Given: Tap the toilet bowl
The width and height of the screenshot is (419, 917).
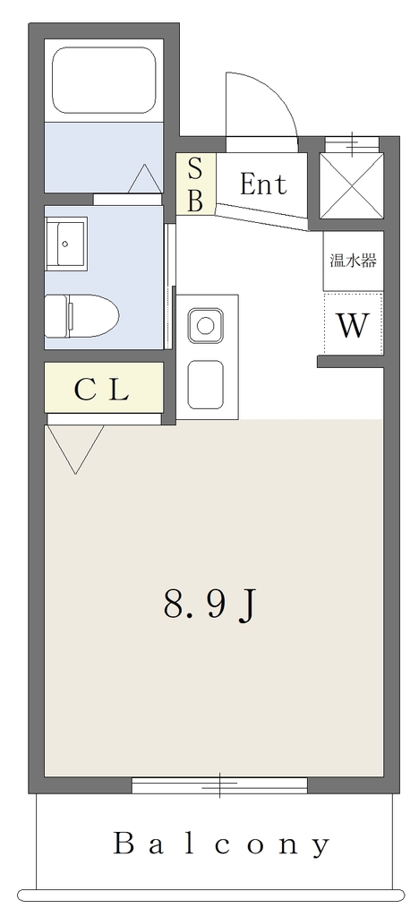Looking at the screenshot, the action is pos(93,316).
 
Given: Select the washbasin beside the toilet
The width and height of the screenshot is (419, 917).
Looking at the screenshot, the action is pos(66,244).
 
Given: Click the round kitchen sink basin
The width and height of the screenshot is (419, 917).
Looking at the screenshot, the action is pos(205,325).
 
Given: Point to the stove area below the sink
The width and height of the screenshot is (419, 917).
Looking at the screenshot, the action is pos(205,384).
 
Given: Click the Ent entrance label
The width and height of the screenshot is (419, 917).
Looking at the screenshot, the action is pos(263,184).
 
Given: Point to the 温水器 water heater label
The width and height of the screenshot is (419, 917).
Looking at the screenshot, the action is pos(353,261).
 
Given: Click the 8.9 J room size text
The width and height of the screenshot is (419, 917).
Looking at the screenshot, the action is pos(209,604).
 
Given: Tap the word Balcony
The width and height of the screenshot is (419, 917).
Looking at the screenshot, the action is pos(221,844).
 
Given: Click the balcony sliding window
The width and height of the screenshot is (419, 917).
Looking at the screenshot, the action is pos(219,785).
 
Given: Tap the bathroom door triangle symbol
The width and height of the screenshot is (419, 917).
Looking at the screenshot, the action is pos(144,178).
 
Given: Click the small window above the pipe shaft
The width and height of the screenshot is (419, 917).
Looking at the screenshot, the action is pos(352,144).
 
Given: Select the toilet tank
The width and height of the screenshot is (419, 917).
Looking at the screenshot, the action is pos(56,316).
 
